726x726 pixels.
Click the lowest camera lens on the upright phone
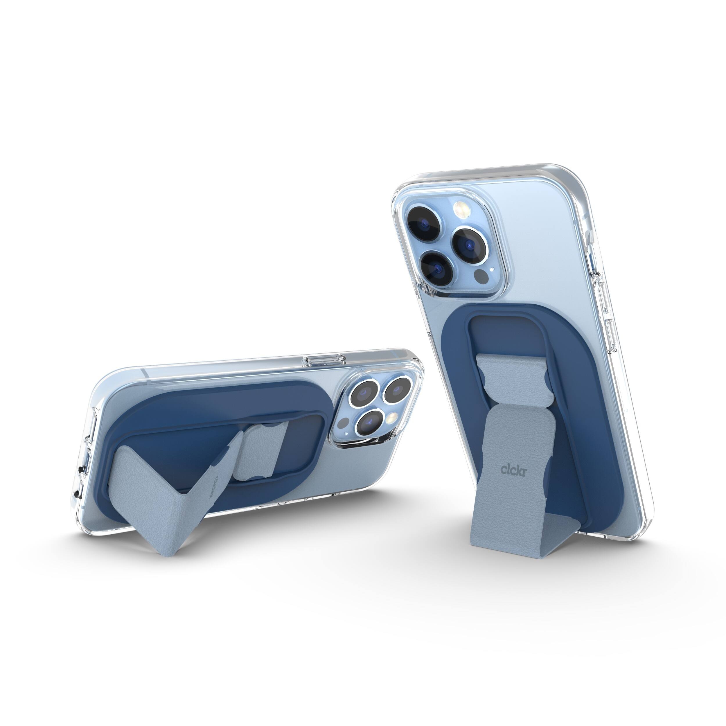(436, 267)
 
